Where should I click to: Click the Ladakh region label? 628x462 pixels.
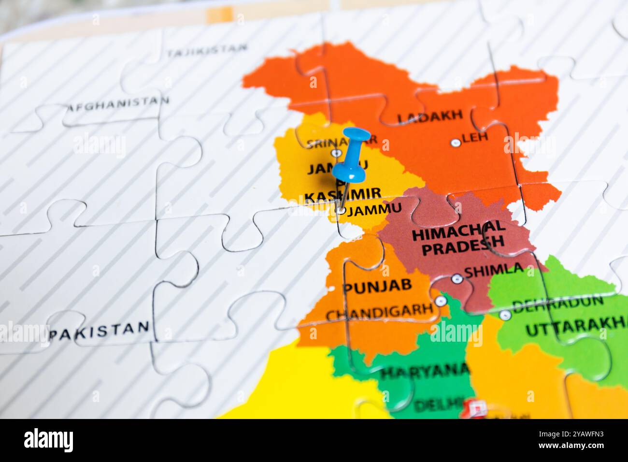tap(429, 116)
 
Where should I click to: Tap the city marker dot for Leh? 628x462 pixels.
tap(455, 143)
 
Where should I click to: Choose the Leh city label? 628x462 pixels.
tap(475, 137)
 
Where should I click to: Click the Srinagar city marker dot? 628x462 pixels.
tap(336, 153)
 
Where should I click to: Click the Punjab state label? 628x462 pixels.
tap(377, 286)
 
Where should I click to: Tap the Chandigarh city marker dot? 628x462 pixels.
tap(440, 301)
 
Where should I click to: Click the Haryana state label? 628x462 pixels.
tap(425, 371)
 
